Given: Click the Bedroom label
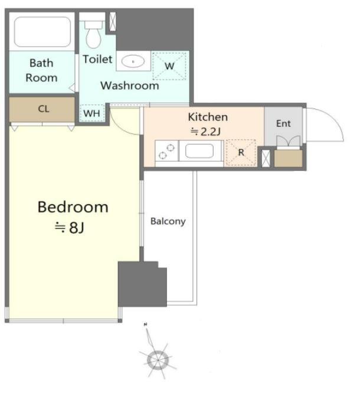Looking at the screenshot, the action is tap(73, 207).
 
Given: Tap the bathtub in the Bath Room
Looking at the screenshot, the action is tap(42, 32).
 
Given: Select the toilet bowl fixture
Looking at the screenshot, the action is tap(93, 34).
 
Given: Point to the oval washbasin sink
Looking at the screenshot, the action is tap(133, 61).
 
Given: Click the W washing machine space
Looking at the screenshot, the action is tap(169, 66).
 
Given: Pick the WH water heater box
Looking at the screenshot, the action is tap(92, 113).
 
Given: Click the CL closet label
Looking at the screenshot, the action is tap(44, 109).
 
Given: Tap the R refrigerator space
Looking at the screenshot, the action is tap(241, 153).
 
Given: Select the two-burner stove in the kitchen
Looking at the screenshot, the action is tap(166, 151).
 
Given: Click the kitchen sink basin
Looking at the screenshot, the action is tap(199, 151).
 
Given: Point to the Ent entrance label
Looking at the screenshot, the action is tap(283, 124).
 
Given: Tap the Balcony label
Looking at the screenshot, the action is tap(168, 221).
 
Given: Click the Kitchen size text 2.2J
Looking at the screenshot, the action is tap(205, 132).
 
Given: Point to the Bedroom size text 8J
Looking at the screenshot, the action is tap(70, 228).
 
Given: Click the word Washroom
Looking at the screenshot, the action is tap(130, 86).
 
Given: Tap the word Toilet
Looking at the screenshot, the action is tap(97, 60).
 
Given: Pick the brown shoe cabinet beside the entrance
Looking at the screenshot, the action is tap(288, 158).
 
